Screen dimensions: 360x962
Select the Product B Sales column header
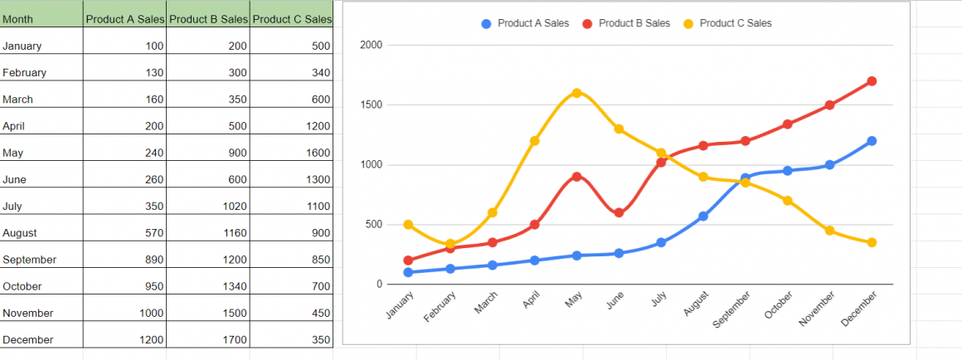(208, 19)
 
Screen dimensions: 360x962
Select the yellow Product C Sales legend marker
(688, 23)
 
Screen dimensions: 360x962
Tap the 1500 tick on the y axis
(372, 105)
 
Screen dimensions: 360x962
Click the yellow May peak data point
(576, 93)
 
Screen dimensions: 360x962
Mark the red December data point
(872, 81)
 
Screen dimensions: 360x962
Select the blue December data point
(872, 141)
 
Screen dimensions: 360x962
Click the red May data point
(576, 177)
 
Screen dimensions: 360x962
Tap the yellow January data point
(408, 225)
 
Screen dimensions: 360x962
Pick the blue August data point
(703, 216)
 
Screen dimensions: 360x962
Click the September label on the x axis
(733, 309)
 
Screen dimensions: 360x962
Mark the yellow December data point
(872, 243)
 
